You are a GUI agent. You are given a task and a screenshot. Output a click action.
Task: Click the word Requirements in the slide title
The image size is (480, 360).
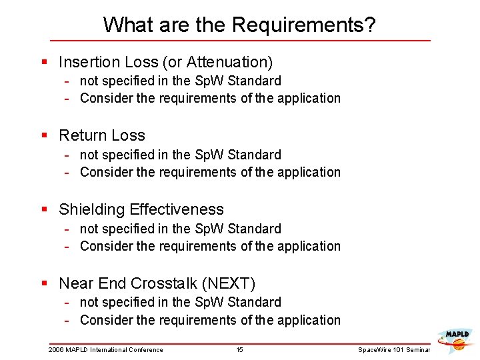pyautogui.click(x=303, y=25)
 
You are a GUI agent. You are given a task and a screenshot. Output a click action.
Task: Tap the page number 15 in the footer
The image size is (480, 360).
pyautogui.click(x=240, y=350)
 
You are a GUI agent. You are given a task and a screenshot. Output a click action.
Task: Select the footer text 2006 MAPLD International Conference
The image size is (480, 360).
pyautogui.click(x=105, y=350)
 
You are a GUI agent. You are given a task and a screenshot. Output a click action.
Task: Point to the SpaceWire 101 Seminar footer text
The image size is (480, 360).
pyautogui.click(x=394, y=350)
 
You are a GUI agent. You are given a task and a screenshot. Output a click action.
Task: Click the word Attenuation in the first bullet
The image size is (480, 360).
pyautogui.click(x=227, y=62)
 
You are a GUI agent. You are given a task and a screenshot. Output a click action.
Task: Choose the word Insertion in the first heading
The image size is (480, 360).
pyautogui.click(x=88, y=62)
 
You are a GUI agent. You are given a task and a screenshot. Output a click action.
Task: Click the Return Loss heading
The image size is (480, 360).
pyautogui.click(x=102, y=135)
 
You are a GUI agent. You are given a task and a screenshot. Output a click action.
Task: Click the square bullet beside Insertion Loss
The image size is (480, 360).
pyautogui.click(x=44, y=62)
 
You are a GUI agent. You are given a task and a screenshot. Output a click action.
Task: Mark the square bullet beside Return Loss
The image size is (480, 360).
pyautogui.click(x=44, y=135)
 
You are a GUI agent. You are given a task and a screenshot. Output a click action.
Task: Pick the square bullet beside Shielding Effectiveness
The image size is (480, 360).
pyautogui.click(x=44, y=209)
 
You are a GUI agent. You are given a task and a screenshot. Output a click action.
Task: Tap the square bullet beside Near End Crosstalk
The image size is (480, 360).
pyautogui.click(x=44, y=283)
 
